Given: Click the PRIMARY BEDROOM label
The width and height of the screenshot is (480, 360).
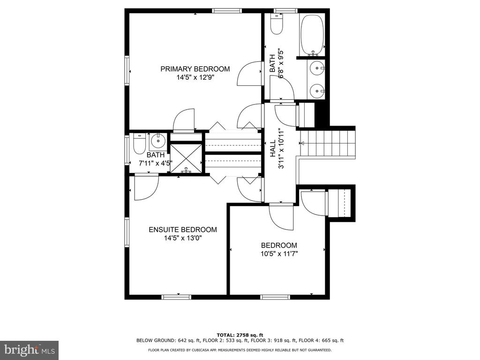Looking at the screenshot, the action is pyautogui.click(x=195, y=69).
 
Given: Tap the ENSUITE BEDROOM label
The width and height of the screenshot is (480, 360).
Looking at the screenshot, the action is pyautogui.click(x=183, y=230).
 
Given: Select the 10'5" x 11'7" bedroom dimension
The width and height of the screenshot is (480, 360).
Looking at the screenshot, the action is pyautogui.click(x=279, y=254).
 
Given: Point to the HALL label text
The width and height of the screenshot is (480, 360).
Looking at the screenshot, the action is pyautogui.click(x=272, y=149).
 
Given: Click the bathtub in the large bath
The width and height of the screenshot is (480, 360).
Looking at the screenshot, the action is pyautogui.click(x=312, y=35).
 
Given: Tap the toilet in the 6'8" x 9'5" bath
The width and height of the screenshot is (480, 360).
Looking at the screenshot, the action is pyautogui.click(x=277, y=24).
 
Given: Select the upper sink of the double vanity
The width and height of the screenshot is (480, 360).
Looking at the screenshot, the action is pyautogui.click(x=316, y=68).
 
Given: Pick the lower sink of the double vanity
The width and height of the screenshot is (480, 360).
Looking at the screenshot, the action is pyautogui.click(x=316, y=91).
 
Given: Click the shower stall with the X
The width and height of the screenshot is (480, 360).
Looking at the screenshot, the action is pyautogui.click(x=186, y=158).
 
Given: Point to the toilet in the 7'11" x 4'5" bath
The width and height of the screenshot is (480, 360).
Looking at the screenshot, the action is pyautogui.click(x=139, y=144).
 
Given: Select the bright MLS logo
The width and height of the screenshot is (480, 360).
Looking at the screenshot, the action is pyautogui.click(x=30, y=350).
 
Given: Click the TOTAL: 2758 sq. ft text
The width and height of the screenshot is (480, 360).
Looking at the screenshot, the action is pyautogui.click(x=240, y=335).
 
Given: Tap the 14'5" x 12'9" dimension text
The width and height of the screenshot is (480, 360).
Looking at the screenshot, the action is pyautogui.click(x=195, y=77).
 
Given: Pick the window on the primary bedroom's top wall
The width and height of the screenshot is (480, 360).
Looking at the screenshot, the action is pyautogui.click(x=227, y=11).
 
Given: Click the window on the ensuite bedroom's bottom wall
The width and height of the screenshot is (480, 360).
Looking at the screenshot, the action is pyautogui.click(x=176, y=297).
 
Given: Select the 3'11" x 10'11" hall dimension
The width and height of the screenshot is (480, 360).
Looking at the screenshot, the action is pyautogui.click(x=281, y=149).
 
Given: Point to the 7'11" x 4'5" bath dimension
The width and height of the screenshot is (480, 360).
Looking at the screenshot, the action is pyautogui.click(x=155, y=163).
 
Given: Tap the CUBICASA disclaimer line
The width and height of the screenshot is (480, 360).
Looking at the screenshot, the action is pyautogui.click(x=240, y=350).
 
